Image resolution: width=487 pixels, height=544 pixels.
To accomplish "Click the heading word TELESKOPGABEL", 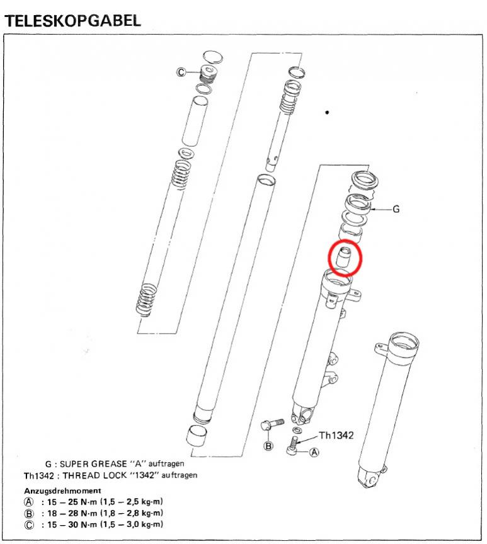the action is [x=72, y=21].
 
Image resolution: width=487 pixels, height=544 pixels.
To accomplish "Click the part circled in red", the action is [x=344, y=257].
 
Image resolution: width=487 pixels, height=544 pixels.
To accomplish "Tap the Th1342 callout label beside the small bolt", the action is [x=336, y=435].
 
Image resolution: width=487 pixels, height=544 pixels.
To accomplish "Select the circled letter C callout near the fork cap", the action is [x=181, y=72].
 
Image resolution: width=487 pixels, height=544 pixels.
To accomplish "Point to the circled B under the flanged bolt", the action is [x=268, y=446].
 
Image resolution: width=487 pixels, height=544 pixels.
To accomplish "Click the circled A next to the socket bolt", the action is [x=314, y=452].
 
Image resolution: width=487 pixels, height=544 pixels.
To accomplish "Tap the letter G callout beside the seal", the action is [x=396, y=209].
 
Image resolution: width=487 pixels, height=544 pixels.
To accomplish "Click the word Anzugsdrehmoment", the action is [x=62, y=490].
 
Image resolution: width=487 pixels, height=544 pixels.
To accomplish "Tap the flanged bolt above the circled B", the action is [x=272, y=424].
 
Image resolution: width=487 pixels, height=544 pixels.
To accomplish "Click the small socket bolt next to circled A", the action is [x=292, y=446].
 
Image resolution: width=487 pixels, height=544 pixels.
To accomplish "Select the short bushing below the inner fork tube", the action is [x=197, y=436].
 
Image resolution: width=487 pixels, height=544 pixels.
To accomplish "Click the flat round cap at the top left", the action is [x=212, y=57].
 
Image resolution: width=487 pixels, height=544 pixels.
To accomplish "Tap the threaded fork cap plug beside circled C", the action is [x=209, y=74].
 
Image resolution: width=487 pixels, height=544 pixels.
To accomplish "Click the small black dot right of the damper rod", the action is [x=327, y=112].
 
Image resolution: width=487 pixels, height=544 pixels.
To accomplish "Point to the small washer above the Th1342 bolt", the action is [x=297, y=431].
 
